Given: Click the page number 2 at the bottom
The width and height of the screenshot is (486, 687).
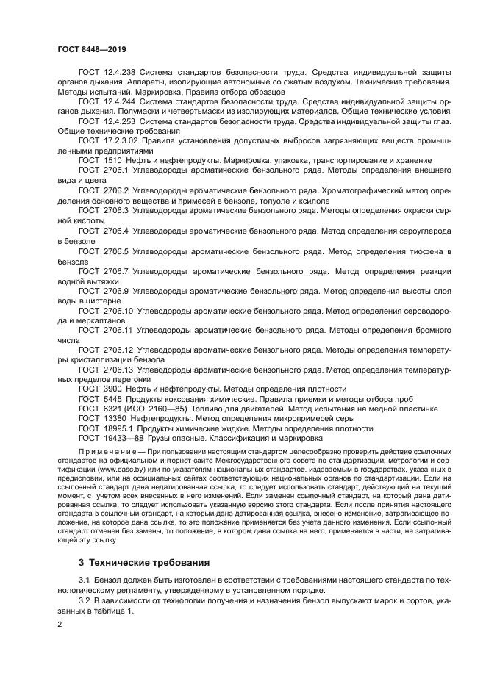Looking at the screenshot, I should pyautogui.click(x=60, y=624).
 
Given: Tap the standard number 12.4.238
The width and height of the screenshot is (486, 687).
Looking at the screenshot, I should pyautogui.click(x=120, y=73).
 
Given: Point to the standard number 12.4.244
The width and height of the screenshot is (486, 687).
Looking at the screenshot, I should pyautogui.click(x=120, y=101).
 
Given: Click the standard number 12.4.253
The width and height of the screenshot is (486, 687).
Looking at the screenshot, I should pyautogui.click(x=120, y=121).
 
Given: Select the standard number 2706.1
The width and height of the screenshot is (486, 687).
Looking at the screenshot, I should pyautogui.click(x=115, y=170).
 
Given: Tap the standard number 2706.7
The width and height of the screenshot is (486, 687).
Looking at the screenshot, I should pyautogui.click(x=115, y=270).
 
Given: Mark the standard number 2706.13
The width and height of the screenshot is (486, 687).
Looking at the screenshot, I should pyautogui.click(x=118, y=369).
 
